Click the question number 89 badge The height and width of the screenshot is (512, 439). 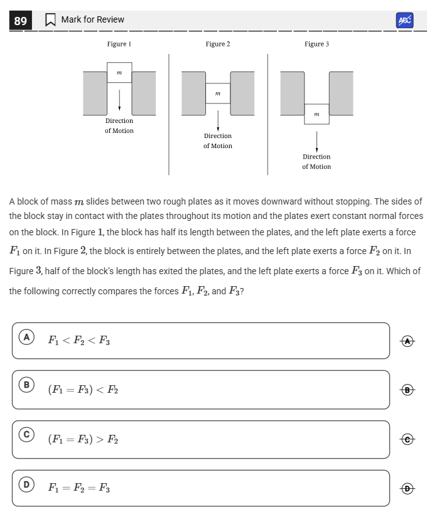(x=21, y=21)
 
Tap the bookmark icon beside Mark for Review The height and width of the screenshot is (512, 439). (x=50, y=20)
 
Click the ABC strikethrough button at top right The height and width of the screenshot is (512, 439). (x=405, y=20)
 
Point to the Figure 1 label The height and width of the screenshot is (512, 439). (x=119, y=44)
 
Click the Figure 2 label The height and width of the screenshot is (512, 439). (x=218, y=44)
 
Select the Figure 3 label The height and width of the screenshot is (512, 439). (x=317, y=44)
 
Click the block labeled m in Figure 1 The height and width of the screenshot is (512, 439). (x=119, y=73)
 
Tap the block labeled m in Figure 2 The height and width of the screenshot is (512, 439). (x=218, y=93)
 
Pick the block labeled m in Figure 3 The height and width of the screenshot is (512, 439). (x=317, y=114)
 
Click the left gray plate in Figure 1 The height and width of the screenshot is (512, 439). (x=95, y=93)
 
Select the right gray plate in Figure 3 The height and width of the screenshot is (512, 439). (x=341, y=93)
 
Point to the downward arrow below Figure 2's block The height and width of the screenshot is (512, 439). (x=218, y=120)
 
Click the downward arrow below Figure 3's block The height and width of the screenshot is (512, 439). (x=317, y=141)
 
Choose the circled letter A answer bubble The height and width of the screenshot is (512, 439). (x=26, y=338)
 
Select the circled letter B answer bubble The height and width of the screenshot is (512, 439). (x=26, y=384)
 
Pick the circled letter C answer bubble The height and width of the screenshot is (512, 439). (x=26, y=434)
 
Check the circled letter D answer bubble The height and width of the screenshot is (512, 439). (x=26, y=484)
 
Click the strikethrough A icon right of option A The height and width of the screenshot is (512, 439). (x=408, y=341)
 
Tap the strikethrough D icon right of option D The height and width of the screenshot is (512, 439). (x=408, y=488)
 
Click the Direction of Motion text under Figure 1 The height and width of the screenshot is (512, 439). (x=119, y=125)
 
